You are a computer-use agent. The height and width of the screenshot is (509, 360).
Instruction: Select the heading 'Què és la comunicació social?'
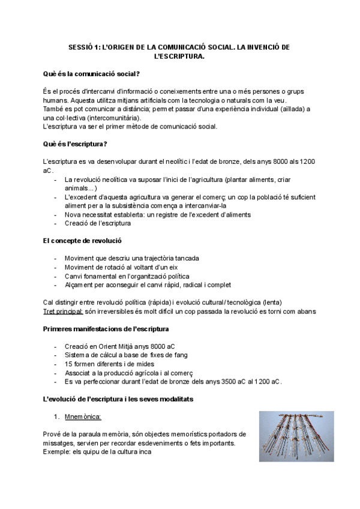(91, 74)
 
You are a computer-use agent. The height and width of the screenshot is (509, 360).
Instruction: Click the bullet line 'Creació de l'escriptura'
(97, 223)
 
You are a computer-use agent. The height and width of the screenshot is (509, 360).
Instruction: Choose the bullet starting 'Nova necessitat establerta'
(157, 214)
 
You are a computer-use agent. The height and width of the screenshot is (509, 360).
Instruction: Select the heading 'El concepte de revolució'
(82, 241)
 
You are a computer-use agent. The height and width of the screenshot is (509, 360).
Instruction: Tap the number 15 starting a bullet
(68, 364)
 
